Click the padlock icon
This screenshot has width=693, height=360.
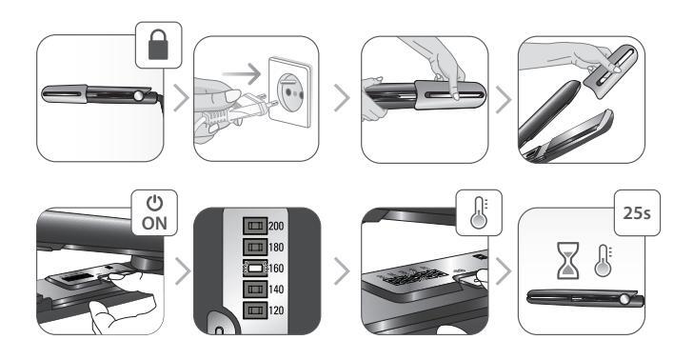(158, 44)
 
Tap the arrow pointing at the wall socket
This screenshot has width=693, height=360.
(242, 73)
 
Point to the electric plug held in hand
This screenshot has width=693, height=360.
(239, 110)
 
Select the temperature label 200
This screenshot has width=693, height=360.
(276, 226)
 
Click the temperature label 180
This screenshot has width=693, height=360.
(276, 248)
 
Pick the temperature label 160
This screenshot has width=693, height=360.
(276, 269)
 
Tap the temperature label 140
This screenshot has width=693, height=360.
(276, 290)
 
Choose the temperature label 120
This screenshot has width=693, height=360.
(276, 310)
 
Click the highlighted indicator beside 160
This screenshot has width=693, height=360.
(255, 269)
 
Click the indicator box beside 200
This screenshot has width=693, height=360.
(255, 226)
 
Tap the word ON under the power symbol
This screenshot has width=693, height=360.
(154, 224)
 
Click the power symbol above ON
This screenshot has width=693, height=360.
(154, 203)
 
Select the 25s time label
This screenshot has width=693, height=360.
(637, 213)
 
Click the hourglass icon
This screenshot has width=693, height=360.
(569, 260)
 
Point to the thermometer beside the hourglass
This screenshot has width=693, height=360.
(603, 261)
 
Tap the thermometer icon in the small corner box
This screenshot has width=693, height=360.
(479, 212)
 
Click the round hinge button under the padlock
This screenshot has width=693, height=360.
(139, 95)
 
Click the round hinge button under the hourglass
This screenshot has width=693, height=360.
(624, 299)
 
